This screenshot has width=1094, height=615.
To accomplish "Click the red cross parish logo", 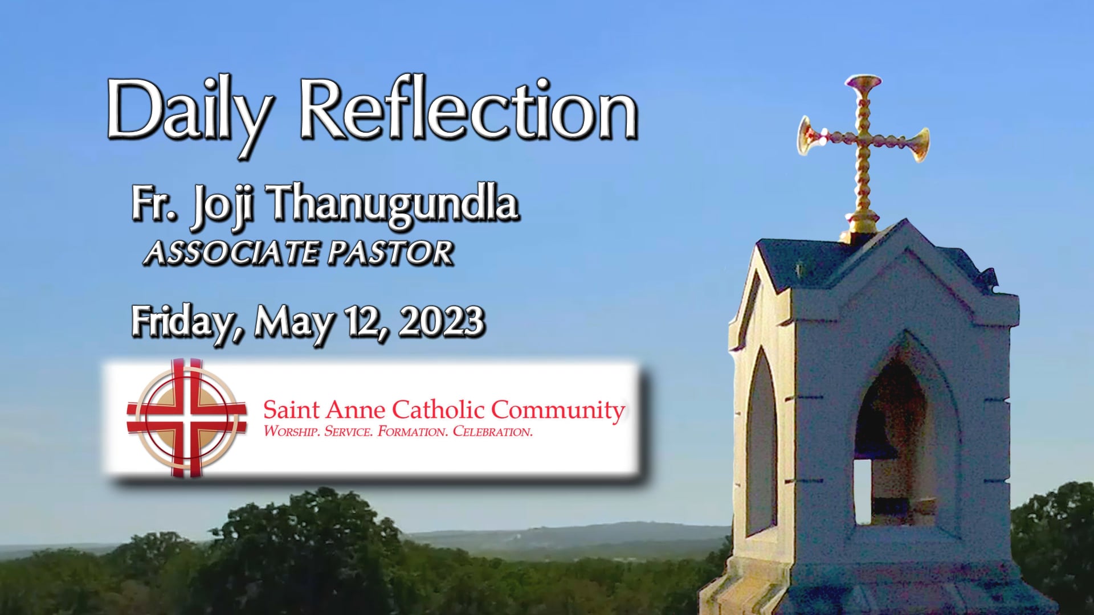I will (187, 417).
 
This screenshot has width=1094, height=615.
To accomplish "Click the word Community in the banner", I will (558, 410).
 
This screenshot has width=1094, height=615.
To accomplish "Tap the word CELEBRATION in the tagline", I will (492, 432).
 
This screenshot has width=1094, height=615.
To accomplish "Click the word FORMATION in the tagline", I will (413, 432).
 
